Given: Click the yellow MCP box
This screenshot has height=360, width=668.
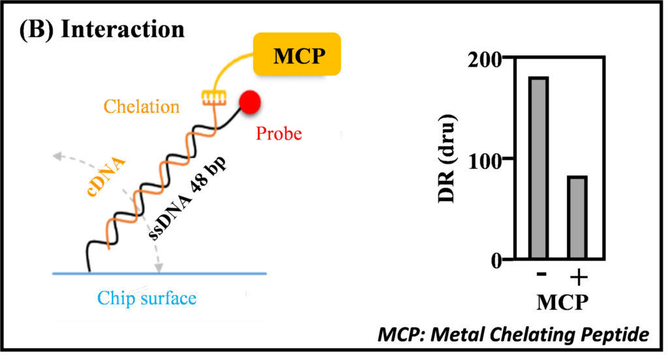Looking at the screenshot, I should pyautogui.click(x=297, y=55).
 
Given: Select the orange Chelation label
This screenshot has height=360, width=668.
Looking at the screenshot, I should pyautogui.click(x=142, y=106).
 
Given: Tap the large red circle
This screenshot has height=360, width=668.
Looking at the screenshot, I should pyautogui.click(x=250, y=101).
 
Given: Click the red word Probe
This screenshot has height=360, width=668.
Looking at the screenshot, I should pyautogui.click(x=279, y=134).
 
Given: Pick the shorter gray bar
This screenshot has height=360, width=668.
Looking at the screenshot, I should pyautogui.click(x=577, y=218).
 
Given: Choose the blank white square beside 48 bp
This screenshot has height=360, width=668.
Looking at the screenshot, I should pyautogui.click(x=307, y=219).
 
